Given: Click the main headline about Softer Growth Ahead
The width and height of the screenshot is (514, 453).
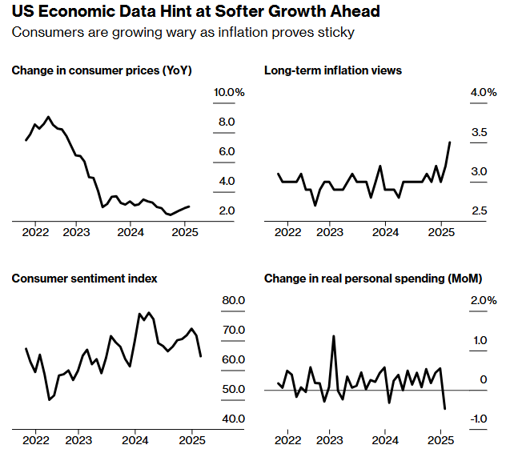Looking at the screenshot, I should (x=196, y=12).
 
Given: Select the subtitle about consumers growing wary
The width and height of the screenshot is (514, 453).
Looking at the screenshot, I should (x=183, y=32).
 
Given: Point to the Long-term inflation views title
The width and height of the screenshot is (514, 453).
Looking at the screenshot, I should (x=333, y=70).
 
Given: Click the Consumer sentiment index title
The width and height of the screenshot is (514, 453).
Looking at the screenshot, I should (x=84, y=279).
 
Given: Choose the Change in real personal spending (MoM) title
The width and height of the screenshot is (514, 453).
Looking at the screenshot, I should (x=373, y=279).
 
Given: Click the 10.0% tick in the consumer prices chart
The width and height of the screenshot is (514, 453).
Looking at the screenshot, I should (x=229, y=93).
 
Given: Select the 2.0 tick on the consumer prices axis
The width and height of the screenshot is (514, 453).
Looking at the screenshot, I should (x=227, y=210).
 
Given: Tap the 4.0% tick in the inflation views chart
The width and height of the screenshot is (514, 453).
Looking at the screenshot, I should (x=484, y=93).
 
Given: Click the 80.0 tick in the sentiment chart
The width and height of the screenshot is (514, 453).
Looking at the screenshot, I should (x=232, y=301).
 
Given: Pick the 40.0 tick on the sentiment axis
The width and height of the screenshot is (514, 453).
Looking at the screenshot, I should (x=232, y=419).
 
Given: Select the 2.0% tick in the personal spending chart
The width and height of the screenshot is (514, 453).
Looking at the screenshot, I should (x=484, y=301).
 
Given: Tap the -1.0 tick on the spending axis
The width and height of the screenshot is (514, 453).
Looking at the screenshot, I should (x=480, y=419).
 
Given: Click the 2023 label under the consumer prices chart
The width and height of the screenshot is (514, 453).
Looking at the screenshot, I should (x=77, y=233).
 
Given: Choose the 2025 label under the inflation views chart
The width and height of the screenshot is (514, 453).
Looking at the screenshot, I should (x=442, y=233).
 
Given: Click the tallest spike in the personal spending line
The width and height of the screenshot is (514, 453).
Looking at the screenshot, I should (x=333, y=336).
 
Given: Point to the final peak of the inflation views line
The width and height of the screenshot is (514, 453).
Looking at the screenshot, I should (x=450, y=142).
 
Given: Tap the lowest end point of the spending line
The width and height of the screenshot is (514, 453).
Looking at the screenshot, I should (x=445, y=409).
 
